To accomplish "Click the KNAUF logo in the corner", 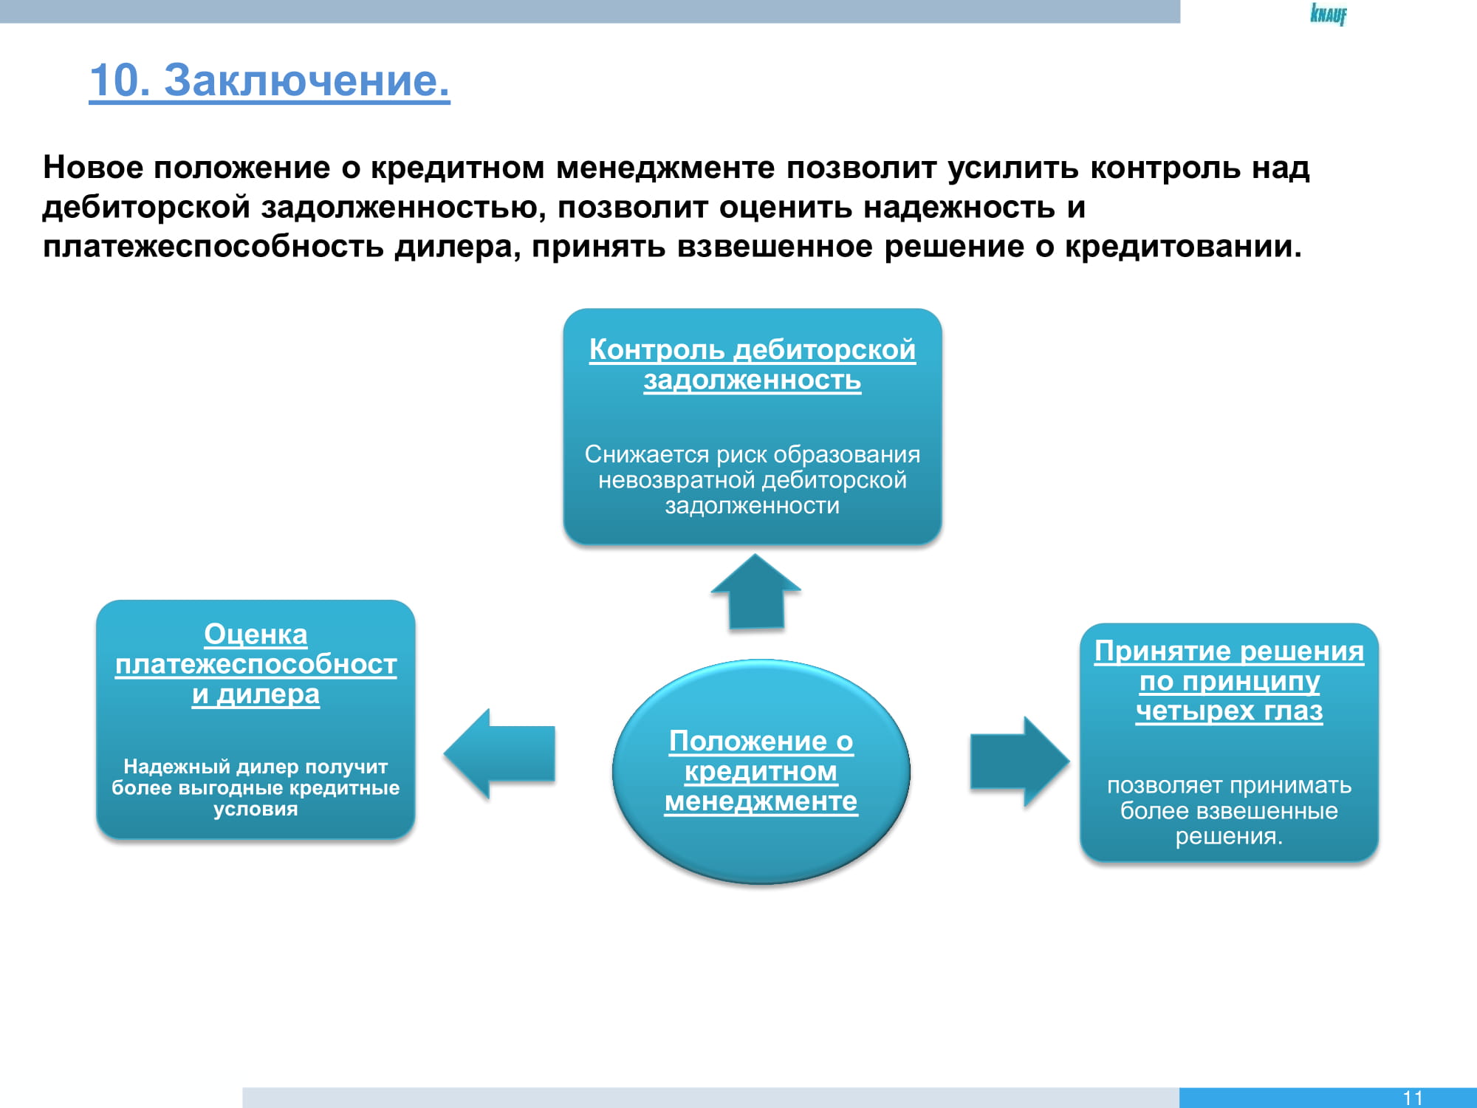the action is [x=1329, y=14].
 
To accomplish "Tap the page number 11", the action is [x=1413, y=1098].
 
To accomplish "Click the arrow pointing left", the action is [x=499, y=753].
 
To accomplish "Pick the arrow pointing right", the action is [x=1019, y=762].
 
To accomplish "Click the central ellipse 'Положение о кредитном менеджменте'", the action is [x=761, y=771].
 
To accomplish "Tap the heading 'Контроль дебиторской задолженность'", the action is [x=753, y=364].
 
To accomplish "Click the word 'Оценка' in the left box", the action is [x=256, y=634].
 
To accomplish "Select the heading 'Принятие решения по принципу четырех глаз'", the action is [x=1230, y=680].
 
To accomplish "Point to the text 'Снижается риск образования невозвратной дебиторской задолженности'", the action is [x=753, y=479].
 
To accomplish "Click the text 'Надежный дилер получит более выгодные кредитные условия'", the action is [x=256, y=787].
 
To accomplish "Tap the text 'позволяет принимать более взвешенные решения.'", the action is [x=1230, y=810].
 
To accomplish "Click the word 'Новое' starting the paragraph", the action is [x=93, y=168].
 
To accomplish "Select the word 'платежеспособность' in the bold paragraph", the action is [x=213, y=247].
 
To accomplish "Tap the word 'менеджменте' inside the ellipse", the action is [x=761, y=801].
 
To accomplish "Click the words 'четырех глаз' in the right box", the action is [x=1230, y=711].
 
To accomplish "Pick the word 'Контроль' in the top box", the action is [x=657, y=349].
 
